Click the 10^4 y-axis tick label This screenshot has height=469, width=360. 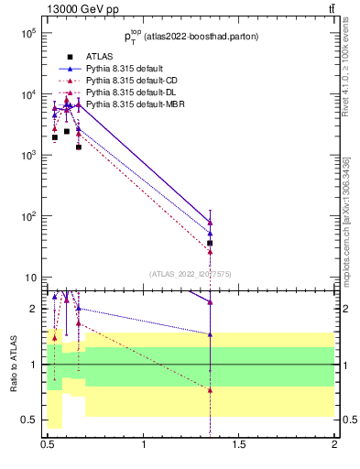click(x=28, y=94)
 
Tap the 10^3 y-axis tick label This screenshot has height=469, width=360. click(x=28, y=156)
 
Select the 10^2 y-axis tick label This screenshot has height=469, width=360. click(x=28, y=216)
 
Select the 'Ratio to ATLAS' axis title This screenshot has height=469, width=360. click(x=12, y=364)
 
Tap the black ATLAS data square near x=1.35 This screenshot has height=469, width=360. click(x=211, y=243)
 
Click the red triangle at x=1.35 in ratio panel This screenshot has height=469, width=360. click(x=211, y=390)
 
